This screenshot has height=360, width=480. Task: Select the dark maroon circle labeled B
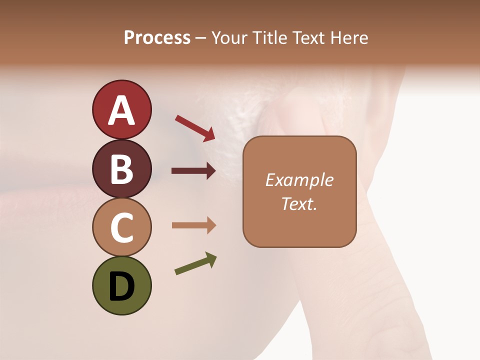point(121,169)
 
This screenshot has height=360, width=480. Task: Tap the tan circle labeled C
point(121,227)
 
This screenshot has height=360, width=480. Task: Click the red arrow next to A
point(195,128)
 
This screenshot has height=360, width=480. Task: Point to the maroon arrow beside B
point(193,171)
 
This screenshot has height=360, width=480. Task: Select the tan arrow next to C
point(193,225)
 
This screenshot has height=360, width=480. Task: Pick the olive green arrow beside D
point(195,263)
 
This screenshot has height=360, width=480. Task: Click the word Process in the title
point(157,37)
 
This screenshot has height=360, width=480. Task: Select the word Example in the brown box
point(299,180)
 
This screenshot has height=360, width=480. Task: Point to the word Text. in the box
point(299,203)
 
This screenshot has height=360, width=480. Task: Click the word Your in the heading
point(227,37)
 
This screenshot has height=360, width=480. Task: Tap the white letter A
point(121,110)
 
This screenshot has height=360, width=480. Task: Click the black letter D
point(121,287)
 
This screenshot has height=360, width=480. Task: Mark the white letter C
point(121,227)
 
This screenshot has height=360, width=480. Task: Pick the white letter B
point(121,169)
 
